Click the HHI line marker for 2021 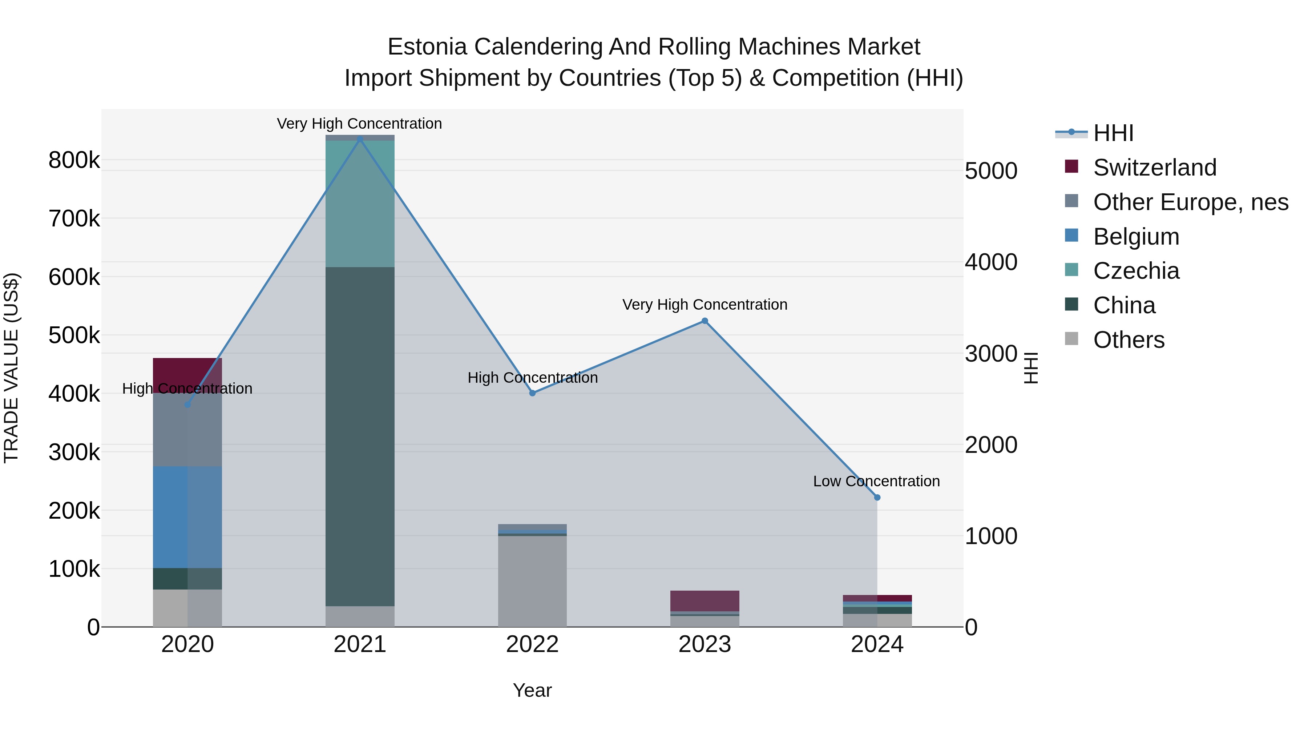(360, 139)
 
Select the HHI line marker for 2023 (705, 321)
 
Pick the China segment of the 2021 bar (360, 437)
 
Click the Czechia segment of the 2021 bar (360, 203)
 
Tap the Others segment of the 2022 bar (532, 582)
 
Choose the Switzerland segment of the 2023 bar (705, 601)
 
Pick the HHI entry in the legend (1113, 133)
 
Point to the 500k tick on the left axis (74, 335)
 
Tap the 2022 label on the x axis (532, 644)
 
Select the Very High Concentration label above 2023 (705, 305)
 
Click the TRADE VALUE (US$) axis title (11, 368)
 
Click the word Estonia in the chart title (427, 47)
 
